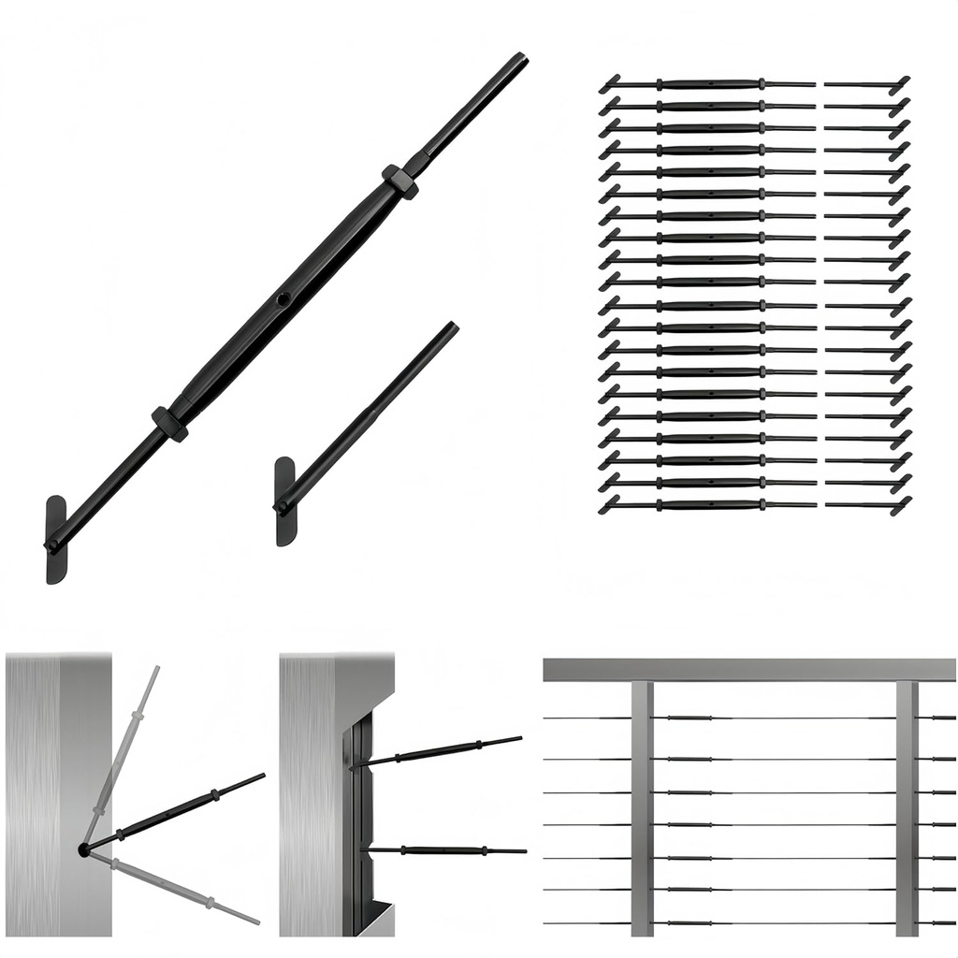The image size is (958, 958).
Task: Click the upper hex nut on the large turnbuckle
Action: [x=399, y=180]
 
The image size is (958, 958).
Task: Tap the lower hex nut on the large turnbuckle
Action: [x=169, y=423]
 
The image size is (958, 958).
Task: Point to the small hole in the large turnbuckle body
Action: [x=283, y=300]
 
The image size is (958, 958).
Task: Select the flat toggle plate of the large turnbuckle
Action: [x=55, y=540]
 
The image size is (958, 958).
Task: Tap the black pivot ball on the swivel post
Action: [x=84, y=849]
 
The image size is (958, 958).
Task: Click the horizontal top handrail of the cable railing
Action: [x=748, y=670]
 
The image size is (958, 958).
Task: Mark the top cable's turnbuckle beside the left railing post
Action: [x=688, y=718]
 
